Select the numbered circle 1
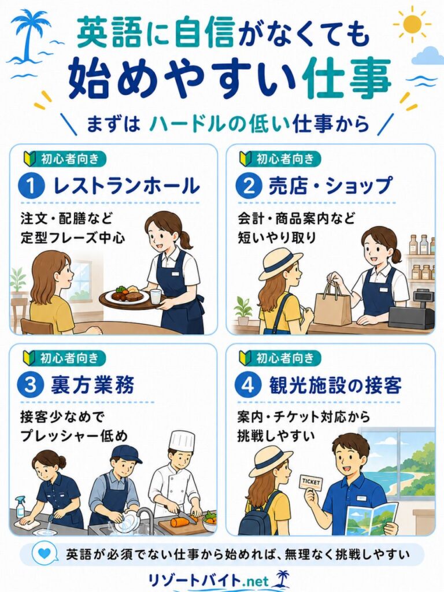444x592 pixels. tap(31, 186)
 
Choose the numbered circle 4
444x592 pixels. tap(247, 384)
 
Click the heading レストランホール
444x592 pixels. tap(127, 186)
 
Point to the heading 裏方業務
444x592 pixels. tap(92, 385)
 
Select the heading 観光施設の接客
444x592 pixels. tap(335, 385)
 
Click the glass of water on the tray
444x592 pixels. tap(156, 296)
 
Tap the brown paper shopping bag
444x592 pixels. tap(332, 304)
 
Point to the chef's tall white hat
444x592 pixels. tap(182, 441)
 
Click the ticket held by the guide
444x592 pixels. tap(311, 483)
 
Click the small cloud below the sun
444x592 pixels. tap(427, 55)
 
